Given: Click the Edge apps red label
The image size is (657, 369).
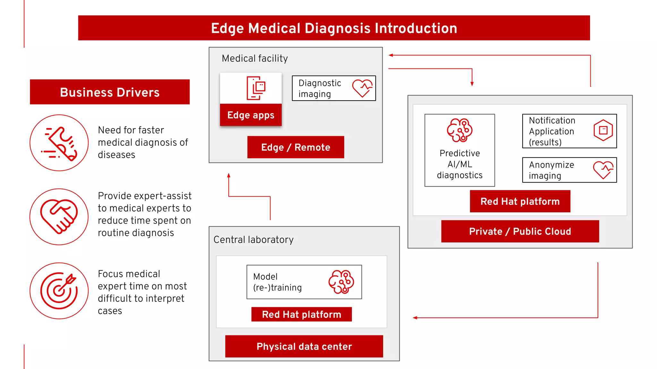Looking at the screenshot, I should click(x=251, y=115).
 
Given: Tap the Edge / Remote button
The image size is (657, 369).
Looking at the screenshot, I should click(x=295, y=147).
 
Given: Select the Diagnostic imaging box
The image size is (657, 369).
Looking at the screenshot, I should click(x=334, y=88).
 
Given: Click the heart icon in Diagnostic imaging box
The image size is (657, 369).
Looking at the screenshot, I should click(x=362, y=88).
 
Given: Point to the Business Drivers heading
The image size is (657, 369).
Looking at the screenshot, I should click(x=110, y=92).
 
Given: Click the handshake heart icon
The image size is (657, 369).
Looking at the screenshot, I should click(x=59, y=217).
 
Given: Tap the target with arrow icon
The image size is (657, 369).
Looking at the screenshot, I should click(x=59, y=291).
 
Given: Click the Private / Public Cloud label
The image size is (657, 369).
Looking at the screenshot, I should click(x=520, y=231).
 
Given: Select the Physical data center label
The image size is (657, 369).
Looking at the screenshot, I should click(x=304, y=346).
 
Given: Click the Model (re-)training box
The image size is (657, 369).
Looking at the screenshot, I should click(x=304, y=282).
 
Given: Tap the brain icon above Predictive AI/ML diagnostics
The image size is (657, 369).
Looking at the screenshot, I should click(x=459, y=130).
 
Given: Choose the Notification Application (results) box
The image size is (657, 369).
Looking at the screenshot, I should click(x=569, y=131).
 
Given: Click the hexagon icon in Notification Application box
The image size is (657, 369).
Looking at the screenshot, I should click(x=603, y=130).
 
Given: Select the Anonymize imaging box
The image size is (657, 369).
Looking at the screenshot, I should click(x=569, y=170).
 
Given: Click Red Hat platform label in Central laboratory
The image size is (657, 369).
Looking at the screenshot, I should click(x=301, y=314).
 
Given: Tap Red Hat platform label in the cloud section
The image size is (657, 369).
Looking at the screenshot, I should click(x=520, y=201).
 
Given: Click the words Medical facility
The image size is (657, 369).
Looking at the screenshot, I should click(x=255, y=58).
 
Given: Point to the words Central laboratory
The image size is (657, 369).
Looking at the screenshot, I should click(x=253, y=240).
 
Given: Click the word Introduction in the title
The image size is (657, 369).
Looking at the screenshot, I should click(x=416, y=28).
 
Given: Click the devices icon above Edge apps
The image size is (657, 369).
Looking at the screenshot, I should click(x=256, y=88).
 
